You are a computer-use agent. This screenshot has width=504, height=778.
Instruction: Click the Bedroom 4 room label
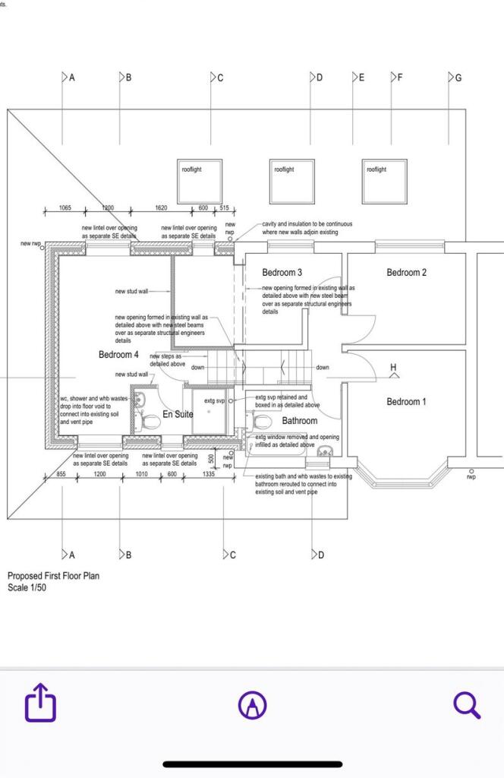click(118, 355)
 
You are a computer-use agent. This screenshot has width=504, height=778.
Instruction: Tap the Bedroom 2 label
click(406, 273)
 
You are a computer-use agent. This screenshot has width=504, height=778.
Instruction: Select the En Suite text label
click(178, 414)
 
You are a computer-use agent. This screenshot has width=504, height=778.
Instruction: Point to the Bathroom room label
click(300, 420)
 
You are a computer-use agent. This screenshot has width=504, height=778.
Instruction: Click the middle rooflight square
click(291, 182)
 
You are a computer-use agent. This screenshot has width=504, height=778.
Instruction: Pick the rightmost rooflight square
click(384, 182)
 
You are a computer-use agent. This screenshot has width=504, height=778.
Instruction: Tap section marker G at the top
click(455, 77)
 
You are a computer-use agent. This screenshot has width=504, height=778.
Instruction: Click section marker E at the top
click(359, 77)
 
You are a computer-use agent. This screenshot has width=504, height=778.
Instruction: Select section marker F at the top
click(397, 77)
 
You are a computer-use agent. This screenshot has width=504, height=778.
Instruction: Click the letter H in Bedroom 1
click(393, 369)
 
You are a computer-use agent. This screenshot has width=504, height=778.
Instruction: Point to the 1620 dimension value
click(161, 208)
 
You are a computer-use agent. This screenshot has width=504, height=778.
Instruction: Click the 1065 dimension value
click(65, 208)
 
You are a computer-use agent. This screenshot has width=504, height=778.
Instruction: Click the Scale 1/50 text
click(27, 587)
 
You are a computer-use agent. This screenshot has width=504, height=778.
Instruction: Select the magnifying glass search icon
click(467, 706)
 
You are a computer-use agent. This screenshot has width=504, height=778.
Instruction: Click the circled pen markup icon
click(252, 706)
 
